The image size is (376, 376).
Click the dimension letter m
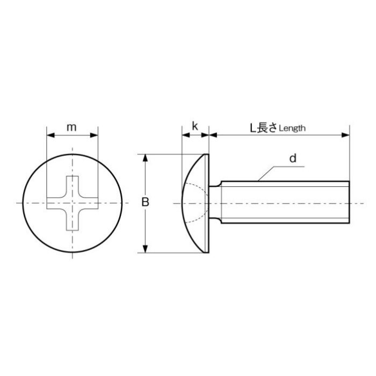71,128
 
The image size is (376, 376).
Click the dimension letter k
195,126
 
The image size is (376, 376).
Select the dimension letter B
145,202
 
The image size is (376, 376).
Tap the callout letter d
293,158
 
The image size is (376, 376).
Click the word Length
292,128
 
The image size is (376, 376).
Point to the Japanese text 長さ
267,128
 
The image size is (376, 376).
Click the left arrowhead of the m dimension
50,135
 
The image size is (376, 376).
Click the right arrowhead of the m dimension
94,135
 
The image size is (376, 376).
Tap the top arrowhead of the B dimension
145,158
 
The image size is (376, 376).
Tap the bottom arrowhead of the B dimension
145,249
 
